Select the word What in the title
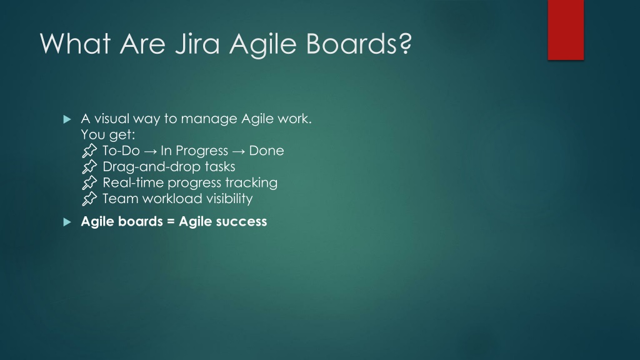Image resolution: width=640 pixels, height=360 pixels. (75, 43)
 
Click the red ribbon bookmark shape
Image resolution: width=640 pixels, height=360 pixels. (566, 30)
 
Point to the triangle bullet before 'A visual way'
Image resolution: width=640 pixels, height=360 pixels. (67, 119)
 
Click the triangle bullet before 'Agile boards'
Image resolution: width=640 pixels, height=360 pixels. (67, 222)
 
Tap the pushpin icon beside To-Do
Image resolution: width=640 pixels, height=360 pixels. (89, 151)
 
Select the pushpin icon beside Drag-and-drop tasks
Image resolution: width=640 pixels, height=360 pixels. (89, 166)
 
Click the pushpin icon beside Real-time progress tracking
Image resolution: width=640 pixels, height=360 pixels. (89, 182)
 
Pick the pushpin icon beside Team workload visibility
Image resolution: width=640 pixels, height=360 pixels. (89, 198)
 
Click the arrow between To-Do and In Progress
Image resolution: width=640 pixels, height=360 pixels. (150, 151)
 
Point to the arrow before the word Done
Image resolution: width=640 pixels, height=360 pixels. (238, 151)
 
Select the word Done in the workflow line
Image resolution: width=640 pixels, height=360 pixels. (266, 151)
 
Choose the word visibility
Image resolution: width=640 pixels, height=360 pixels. (229, 198)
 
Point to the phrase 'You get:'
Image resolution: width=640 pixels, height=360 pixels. (107, 135)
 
